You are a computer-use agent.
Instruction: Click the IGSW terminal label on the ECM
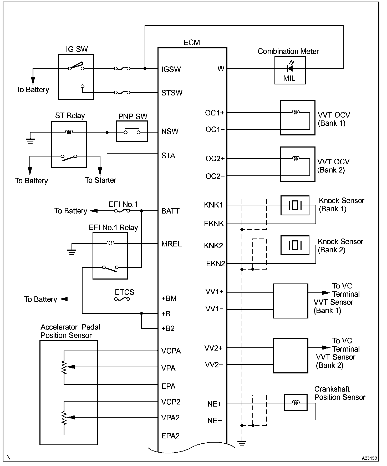point(171,69)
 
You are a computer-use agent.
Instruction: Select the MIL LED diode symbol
point(290,68)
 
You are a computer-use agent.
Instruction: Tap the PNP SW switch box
point(132,131)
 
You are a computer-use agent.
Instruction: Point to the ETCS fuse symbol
point(122,299)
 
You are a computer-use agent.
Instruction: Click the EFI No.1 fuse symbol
point(122,211)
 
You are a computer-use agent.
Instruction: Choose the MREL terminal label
point(171,244)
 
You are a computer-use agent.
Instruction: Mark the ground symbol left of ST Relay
point(30,141)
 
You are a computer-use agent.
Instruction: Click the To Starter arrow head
point(100,171)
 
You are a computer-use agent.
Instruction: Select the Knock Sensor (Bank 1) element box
point(295,205)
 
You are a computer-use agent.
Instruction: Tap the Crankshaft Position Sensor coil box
point(296,402)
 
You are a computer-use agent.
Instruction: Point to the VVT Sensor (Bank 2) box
point(290,356)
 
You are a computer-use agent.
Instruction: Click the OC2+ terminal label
point(215,159)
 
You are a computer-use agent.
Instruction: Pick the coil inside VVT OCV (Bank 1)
point(296,113)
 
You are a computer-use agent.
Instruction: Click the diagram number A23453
point(369,458)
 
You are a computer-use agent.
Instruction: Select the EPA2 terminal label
point(170,436)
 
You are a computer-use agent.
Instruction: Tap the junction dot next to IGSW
point(145,68)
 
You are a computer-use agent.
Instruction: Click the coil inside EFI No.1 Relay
point(110,243)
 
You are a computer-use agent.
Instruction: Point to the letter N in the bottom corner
point(8,458)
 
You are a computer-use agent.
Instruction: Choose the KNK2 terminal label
point(213,246)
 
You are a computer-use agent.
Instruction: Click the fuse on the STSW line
point(122,92)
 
